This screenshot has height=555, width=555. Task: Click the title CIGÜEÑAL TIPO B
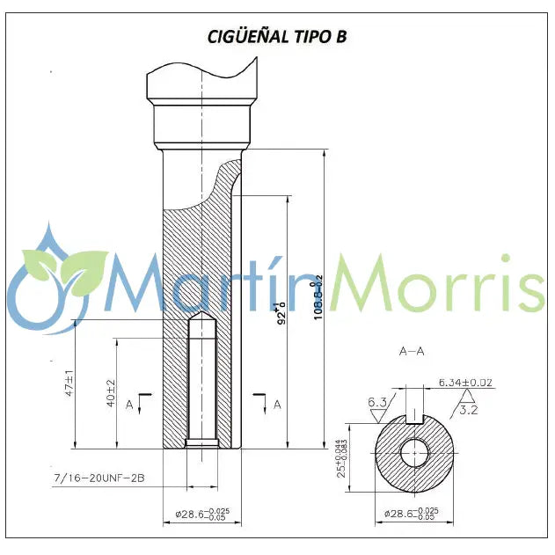coord(277,36)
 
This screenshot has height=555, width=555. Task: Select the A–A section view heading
coord(412,351)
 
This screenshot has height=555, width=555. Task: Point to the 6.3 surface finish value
coord(379,403)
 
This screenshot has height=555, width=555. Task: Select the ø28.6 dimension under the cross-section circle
coord(416,513)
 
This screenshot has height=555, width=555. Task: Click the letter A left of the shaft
coord(129,404)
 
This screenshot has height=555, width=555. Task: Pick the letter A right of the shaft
coord(277,404)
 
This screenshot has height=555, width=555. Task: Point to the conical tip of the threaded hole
coord(202,317)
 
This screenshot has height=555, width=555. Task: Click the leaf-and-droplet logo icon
coord(55,277)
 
